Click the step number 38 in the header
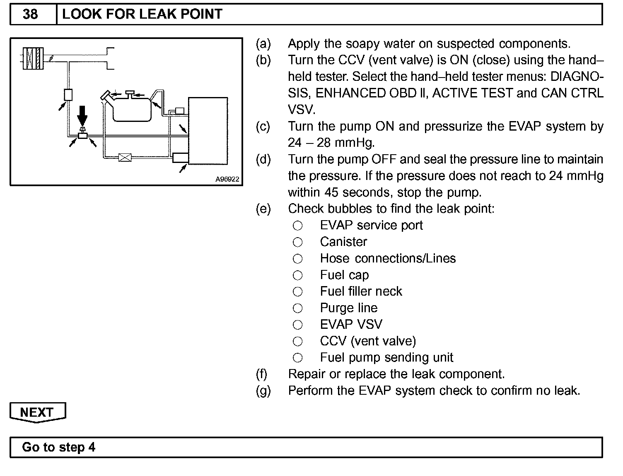pyautogui.click(x=30, y=15)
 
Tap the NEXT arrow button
pyautogui.click(x=37, y=412)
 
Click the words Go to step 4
pyautogui.click(x=59, y=447)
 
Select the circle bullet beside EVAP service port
pyautogui.click(x=297, y=226)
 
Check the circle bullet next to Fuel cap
pyautogui.click(x=297, y=275)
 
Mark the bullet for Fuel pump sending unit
pyautogui.click(x=297, y=357)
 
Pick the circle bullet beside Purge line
pyautogui.click(x=297, y=308)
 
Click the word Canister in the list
pyautogui.click(x=343, y=242)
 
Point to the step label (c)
pyautogui.click(x=263, y=126)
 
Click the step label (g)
pyautogui.click(x=263, y=391)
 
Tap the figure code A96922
pyautogui.click(x=227, y=180)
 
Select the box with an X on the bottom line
pyautogui.click(x=125, y=157)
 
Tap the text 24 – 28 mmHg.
pyautogui.click(x=331, y=143)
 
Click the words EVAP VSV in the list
pyautogui.click(x=351, y=324)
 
